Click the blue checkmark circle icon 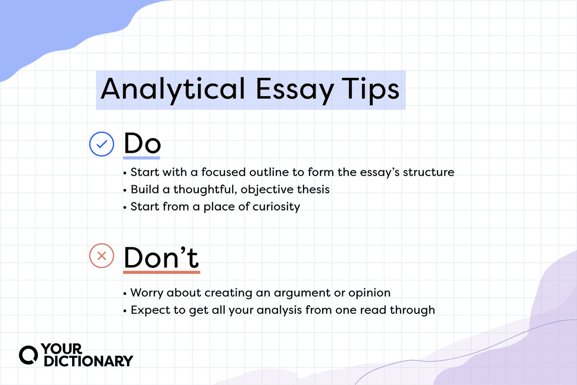pos(102,144)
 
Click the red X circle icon pos(102,257)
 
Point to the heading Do pos(142,143)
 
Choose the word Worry pos(147,292)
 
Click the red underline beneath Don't pos(161,272)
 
